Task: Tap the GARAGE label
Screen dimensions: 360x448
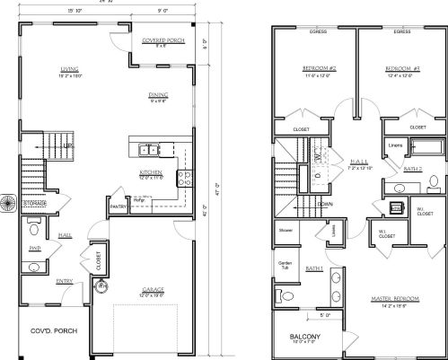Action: (152, 290)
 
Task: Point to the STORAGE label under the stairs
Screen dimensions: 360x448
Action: (35, 204)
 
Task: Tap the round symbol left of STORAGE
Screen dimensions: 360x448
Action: (8, 204)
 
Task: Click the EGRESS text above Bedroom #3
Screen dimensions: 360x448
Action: (402, 31)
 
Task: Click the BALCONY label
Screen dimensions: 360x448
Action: (298, 337)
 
